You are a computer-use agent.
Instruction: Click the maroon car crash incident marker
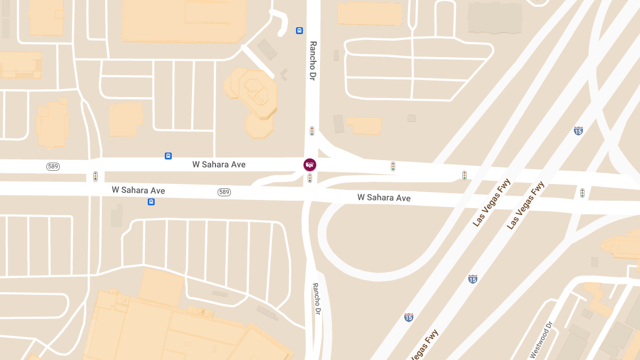pos(310,165)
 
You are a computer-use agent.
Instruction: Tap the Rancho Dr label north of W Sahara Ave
pos(313,61)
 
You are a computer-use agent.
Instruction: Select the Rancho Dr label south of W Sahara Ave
pos(317,298)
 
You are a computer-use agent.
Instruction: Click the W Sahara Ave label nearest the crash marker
pos(219,165)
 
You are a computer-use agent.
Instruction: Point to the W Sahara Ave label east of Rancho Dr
pos(384,198)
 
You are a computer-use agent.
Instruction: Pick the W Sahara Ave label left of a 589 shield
pos(138,190)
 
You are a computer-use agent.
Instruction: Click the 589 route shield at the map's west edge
pos(53,166)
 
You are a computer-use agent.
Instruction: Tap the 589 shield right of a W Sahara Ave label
pos(224,192)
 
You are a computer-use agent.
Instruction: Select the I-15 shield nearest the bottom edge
pos(409,317)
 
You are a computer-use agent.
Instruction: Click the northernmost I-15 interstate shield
pos(578,131)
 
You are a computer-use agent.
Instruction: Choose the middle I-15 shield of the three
pos(473,279)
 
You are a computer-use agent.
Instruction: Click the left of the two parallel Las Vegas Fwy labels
pos(492,203)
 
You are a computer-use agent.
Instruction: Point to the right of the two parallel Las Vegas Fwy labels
pos(526,206)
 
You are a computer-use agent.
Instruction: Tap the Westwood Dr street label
pos(541,340)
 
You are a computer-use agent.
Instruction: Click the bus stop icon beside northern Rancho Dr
pos(299,31)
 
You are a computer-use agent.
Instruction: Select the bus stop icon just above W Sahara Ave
pos(169,156)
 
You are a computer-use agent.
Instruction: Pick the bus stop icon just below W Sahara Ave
pos(151,202)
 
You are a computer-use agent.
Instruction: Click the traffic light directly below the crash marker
pos(309,178)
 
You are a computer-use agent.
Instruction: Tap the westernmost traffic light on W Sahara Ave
pos(95,176)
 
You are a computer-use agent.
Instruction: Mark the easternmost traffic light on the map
pos(582,193)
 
